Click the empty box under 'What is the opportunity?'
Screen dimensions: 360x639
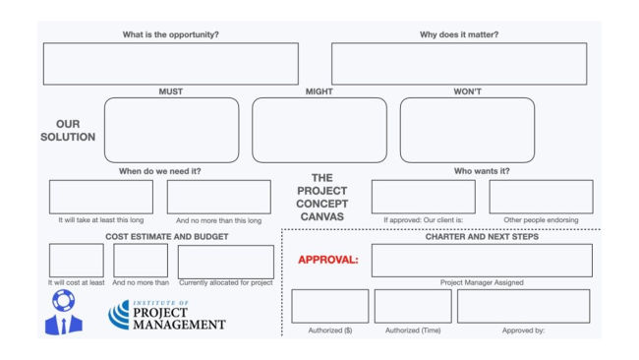coord(170,64)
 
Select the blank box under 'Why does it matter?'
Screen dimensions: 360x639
coord(458,64)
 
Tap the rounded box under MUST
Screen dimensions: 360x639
coord(171,130)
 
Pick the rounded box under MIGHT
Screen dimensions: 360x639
coord(319,130)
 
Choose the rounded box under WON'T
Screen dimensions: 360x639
coord(467,130)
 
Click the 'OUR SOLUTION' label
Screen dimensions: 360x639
coord(68,131)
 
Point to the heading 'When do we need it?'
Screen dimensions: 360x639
coord(160,171)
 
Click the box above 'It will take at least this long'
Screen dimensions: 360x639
coord(101,197)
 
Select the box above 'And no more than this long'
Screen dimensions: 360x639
coord(218,197)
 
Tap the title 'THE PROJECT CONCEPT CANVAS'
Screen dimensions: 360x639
coord(322,197)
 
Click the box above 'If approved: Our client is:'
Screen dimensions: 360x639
coord(423,197)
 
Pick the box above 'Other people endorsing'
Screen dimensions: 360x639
coord(541,197)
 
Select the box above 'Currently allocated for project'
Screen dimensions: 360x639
coord(226,262)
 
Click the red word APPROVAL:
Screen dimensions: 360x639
coord(327,261)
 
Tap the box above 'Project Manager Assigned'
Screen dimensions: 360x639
coord(482,261)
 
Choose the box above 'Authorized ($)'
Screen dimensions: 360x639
coord(330,306)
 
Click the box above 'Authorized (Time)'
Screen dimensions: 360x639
coord(413,306)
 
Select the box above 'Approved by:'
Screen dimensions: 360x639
coord(523,306)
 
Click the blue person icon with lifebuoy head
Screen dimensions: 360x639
coord(63,313)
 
